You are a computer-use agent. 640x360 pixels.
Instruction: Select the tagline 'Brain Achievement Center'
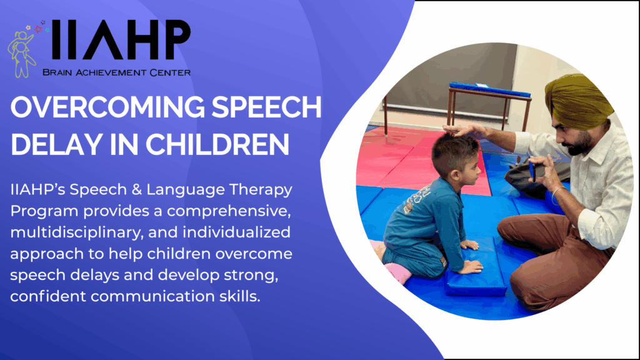(x=116, y=72)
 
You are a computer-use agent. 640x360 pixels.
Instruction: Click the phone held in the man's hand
(x=533, y=169)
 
